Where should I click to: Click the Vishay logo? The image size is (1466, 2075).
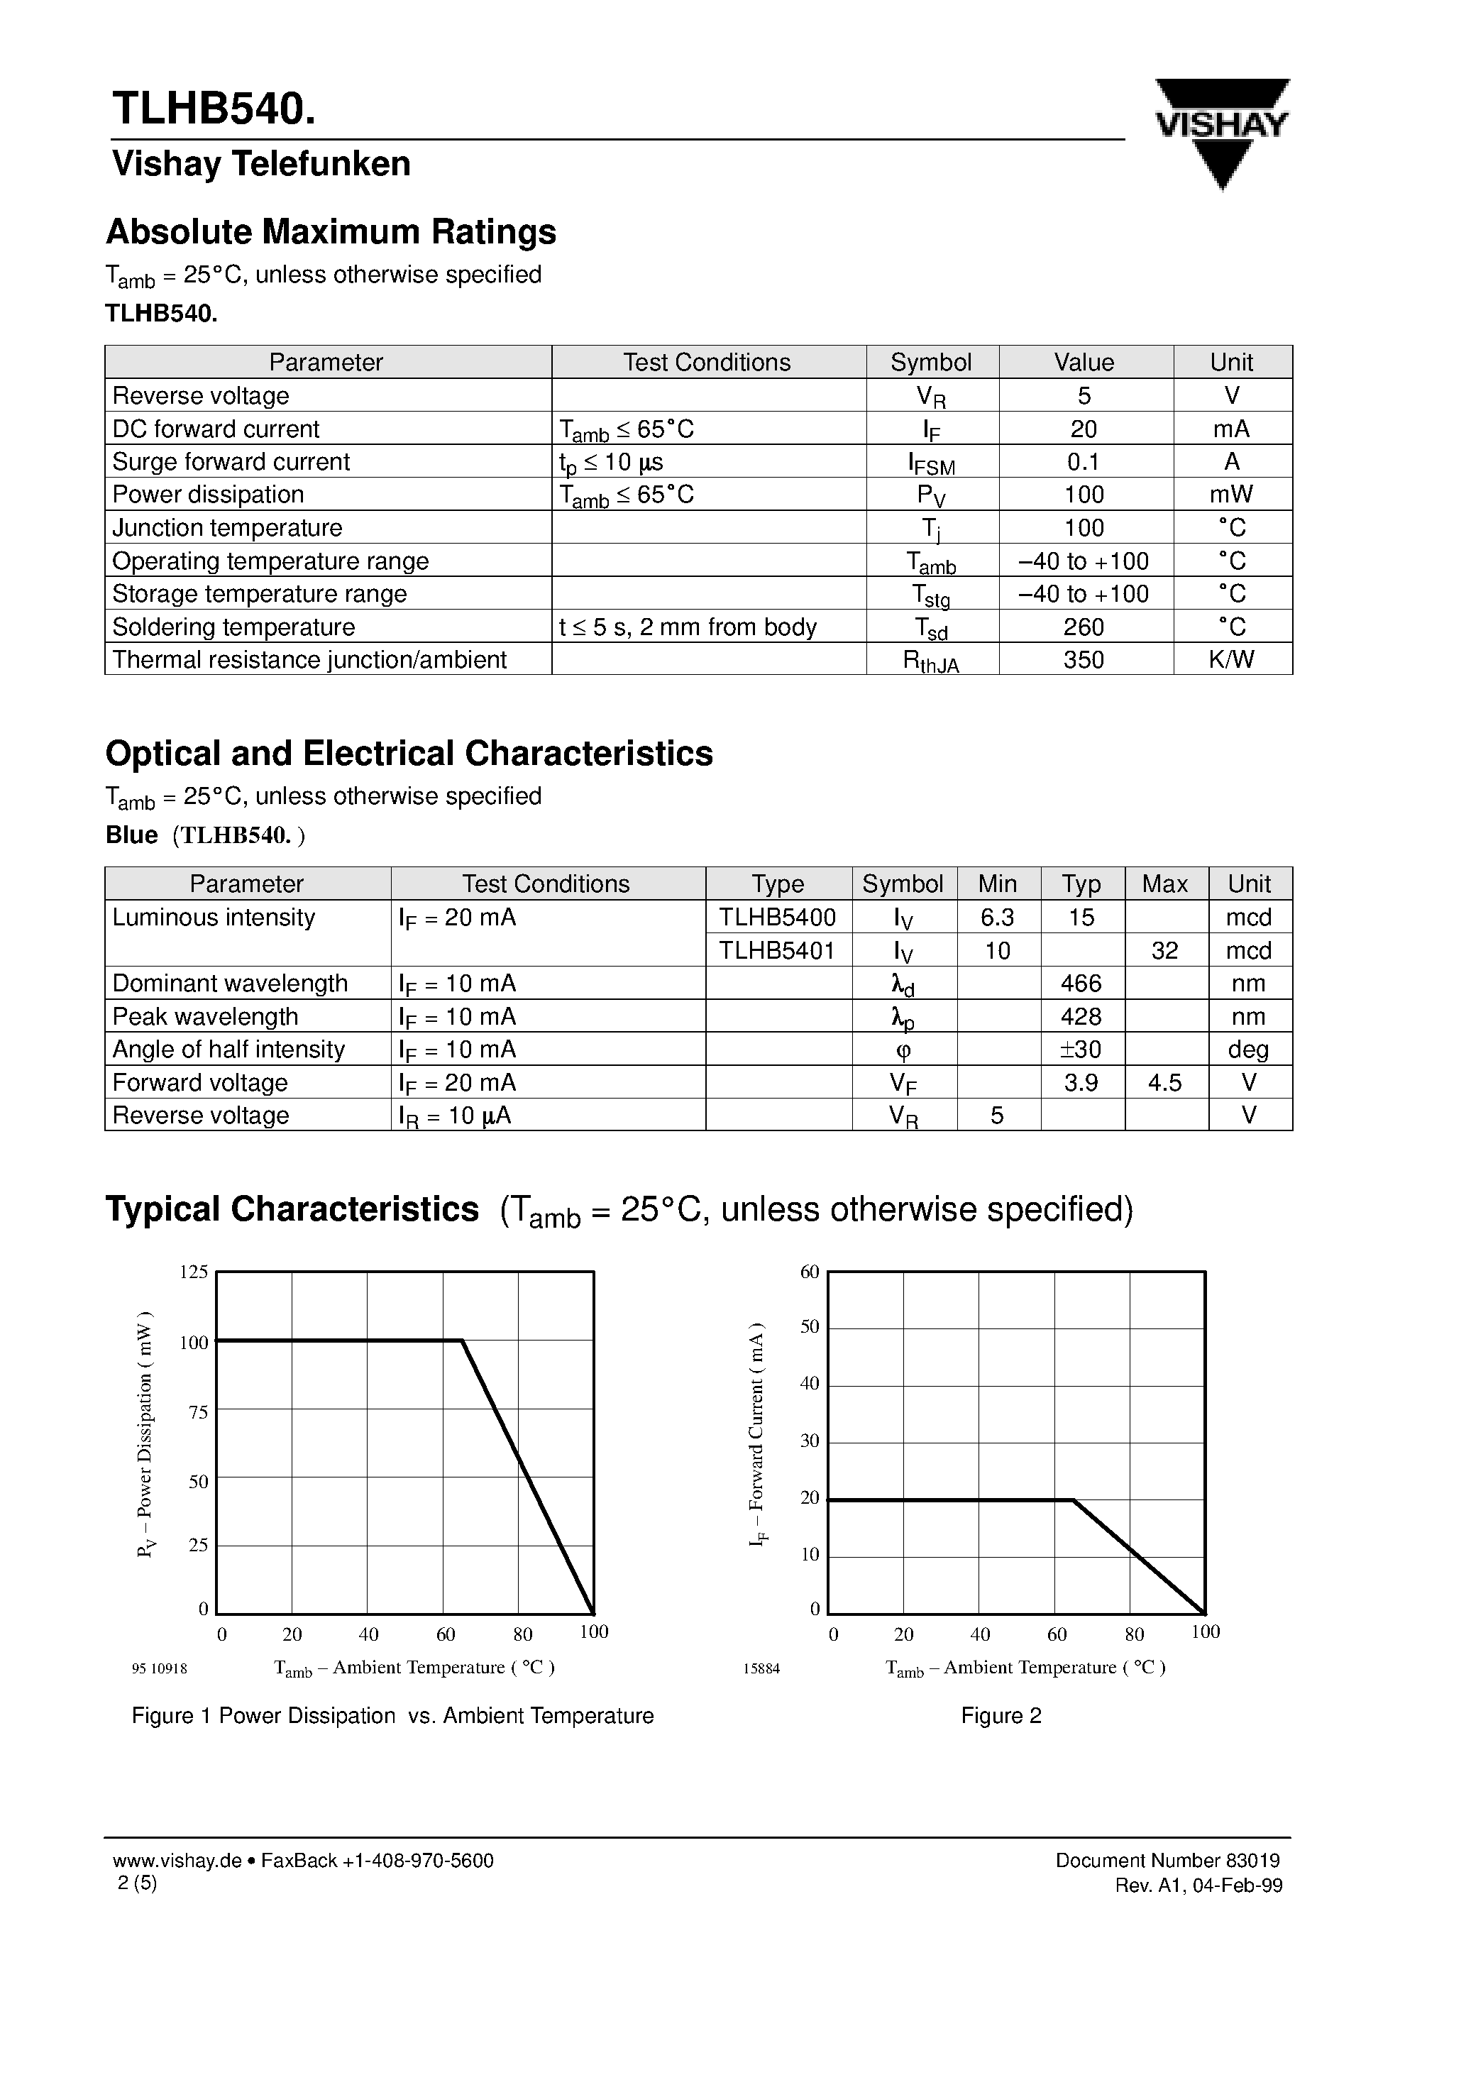pyautogui.click(x=1222, y=131)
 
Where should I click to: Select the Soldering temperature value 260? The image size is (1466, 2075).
pyautogui.click(x=1084, y=627)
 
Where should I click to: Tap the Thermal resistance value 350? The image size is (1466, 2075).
pyautogui.click(x=1084, y=660)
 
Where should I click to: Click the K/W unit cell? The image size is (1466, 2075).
pyautogui.click(x=1231, y=660)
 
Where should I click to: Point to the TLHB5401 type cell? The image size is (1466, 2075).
pyautogui.click(x=777, y=950)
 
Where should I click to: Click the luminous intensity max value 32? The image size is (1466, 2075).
pyautogui.click(x=1164, y=950)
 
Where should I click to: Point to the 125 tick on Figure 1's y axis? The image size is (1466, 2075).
pyautogui.click(x=194, y=1272)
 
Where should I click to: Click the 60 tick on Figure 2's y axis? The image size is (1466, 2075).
pyautogui.click(x=810, y=1272)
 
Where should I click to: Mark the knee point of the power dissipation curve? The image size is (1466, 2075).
pyautogui.click(x=463, y=1341)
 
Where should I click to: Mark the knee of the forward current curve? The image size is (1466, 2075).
pyautogui.click(x=1074, y=1501)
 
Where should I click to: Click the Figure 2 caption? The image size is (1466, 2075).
pyautogui.click(x=1001, y=1716)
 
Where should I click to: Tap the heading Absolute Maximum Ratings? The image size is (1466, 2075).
pyautogui.click(x=331, y=232)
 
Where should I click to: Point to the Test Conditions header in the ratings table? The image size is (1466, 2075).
pyautogui.click(x=707, y=363)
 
